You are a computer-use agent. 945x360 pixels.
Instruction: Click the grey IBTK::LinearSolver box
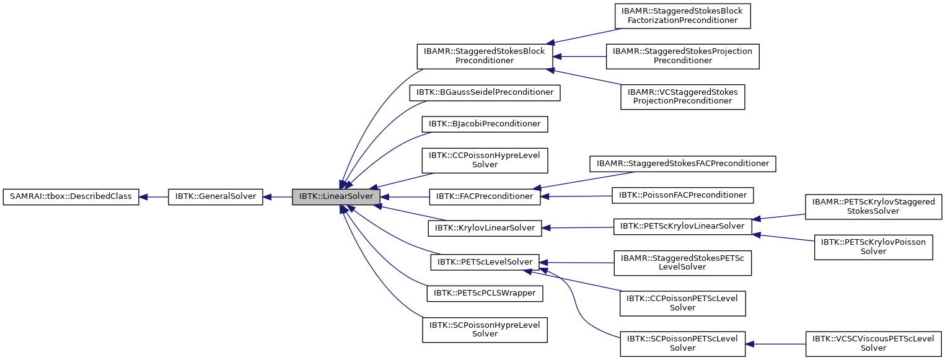click(336, 197)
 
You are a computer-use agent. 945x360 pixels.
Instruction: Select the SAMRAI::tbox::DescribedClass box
click(71, 197)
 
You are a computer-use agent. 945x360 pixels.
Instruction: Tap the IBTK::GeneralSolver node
click(216, 197)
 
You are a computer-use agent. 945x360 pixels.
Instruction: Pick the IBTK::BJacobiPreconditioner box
click(485, 124)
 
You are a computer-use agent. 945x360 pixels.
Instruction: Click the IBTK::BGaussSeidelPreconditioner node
click(485, 92)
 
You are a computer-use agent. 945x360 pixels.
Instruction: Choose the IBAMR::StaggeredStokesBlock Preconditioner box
click(485, 56)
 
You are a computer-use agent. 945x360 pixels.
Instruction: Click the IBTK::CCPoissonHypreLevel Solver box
click(485, 160)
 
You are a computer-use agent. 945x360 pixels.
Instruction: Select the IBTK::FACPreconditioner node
click(485, 196)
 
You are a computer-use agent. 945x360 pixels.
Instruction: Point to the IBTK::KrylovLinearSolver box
click(485, 228)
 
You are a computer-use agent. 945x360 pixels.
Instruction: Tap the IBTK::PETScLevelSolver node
click(485, 262)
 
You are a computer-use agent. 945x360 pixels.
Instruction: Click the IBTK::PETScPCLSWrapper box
click(485, 292)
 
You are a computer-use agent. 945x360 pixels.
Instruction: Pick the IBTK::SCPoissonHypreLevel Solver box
click(485, 329)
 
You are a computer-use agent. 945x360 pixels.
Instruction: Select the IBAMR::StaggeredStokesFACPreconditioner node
click(682, 164)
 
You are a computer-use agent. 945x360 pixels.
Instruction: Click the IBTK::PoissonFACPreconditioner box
click(682, 195)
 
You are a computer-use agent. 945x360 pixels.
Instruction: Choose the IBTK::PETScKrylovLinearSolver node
click(682, 226)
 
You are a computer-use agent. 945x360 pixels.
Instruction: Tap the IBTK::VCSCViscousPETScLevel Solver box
click(873, 343)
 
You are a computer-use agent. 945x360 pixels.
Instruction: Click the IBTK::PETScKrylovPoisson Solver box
click(873, 247)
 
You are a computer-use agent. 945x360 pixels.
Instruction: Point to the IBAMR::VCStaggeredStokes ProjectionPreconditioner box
click(682, 97)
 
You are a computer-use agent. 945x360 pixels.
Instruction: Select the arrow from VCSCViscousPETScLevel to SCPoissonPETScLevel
click(775, 344)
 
